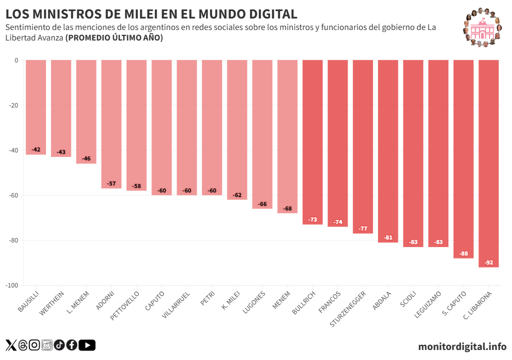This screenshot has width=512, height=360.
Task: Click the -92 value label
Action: coord(488,262)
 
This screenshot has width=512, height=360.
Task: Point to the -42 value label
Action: coord(36,150)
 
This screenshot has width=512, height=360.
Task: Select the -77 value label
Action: coord(363,228)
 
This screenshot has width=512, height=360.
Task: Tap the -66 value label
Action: coord(262,204)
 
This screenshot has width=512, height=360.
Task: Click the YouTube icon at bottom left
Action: coord(87,345)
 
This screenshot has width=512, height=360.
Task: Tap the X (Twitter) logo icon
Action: coord(11,345)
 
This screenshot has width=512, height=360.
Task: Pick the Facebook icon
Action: coord(71,345)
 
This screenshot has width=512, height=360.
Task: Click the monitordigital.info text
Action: coord(462,346)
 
